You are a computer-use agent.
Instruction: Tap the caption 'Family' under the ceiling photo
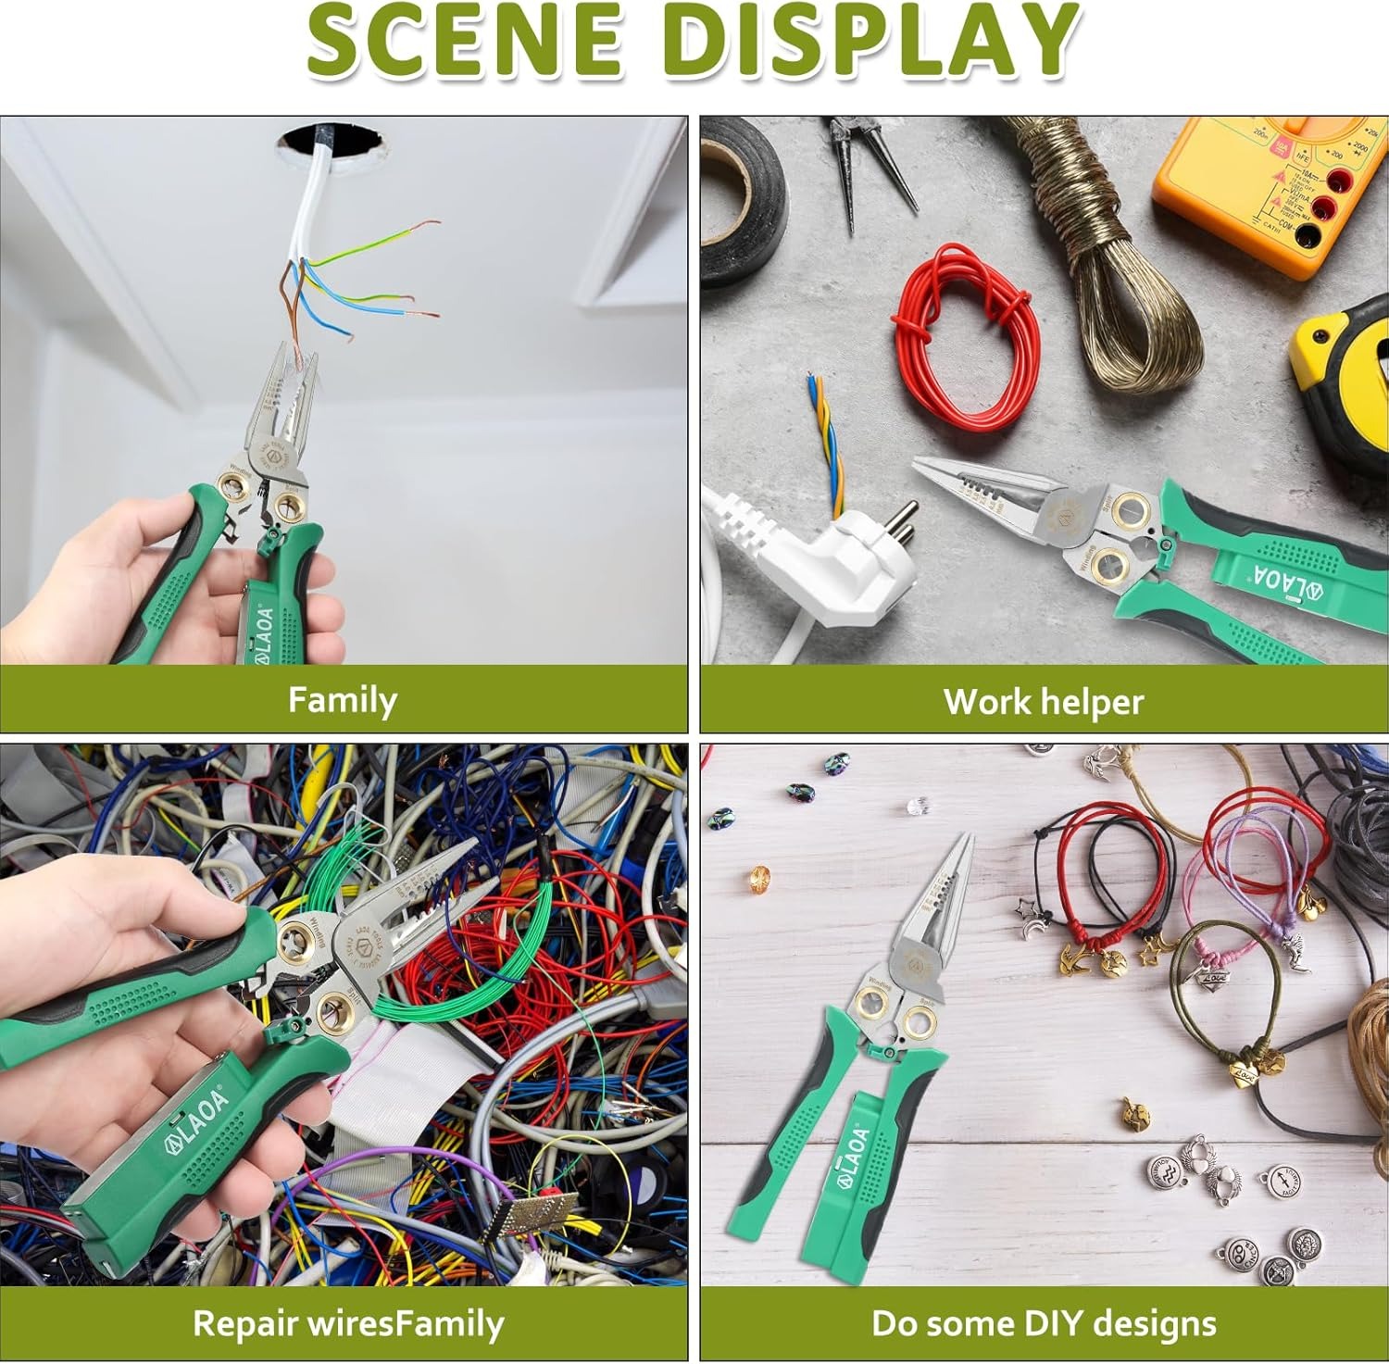342,700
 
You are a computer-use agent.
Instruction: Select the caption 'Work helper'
1044,702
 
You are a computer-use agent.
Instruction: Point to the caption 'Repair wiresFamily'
347,1323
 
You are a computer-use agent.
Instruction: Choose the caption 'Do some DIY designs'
1044,1323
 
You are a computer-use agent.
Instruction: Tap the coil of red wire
963,333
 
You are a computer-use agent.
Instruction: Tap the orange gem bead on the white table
759,875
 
